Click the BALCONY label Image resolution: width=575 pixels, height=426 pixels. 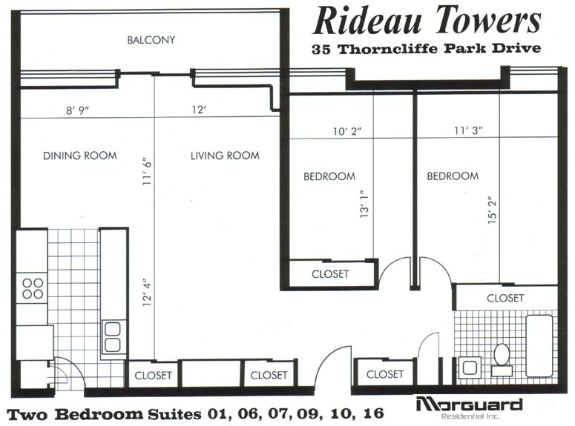pos(151,39)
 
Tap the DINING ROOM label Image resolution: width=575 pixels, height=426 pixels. pos(80,156)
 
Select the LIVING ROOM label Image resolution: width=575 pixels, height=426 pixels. pos(225,156)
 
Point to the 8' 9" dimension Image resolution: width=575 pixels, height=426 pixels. pos(78,110)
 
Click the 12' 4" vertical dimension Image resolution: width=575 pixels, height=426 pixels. pos(147,293)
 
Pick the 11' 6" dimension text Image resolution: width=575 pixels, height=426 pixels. pos(147,171)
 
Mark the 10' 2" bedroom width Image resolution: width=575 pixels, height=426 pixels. pos(347,131)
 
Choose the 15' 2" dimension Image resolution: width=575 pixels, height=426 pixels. pos(492,211)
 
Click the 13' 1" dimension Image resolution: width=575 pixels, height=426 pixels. pos(364,204)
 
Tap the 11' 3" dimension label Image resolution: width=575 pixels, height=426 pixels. pos(468,130)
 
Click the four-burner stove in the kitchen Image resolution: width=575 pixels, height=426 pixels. pos(32,288)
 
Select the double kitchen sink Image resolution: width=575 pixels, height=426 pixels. pos(112,336)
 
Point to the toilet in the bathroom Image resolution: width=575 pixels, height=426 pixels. pos(502,360)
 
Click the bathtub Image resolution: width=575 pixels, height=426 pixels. pos(539,346)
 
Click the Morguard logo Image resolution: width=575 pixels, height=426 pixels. pos(470,407)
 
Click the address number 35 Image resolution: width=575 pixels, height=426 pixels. pos(321,49)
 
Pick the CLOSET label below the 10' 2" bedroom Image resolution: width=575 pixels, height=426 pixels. pos(330,274)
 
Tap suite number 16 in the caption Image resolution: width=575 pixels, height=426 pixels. pos(373,414)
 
